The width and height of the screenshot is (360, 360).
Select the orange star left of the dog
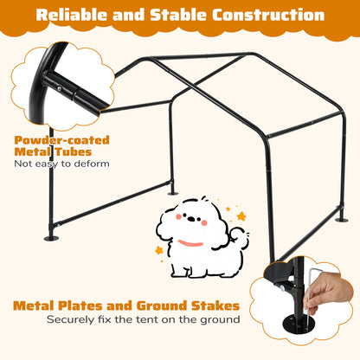pyautogui.click(x=159, y=251)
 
